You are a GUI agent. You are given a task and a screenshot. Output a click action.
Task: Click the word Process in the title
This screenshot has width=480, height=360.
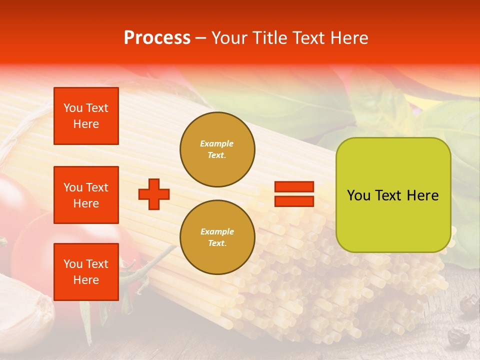[157, 38]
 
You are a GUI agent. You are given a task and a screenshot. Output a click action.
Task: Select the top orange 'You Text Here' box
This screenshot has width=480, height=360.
[86, 116]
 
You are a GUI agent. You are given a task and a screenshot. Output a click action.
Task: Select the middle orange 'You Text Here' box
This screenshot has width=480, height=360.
[86, 195]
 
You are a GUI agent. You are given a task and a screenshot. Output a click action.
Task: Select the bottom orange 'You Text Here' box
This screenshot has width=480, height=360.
[86, 272]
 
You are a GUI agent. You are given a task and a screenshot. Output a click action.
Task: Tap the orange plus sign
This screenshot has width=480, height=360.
[154, 194]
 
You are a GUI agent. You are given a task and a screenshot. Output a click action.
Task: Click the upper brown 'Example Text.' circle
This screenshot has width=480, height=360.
[217, 149]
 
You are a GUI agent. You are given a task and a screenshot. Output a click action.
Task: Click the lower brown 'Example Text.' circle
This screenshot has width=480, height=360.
[217, 237]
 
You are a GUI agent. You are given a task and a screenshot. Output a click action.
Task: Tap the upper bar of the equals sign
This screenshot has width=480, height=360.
[294, 187]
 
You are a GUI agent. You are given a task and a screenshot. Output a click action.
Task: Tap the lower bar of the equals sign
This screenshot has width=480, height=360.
[294, 201]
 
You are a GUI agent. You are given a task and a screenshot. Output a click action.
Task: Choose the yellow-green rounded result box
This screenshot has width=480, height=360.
[393, 194]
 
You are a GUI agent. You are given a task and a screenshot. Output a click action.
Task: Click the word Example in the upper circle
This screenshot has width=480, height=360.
[217, 143]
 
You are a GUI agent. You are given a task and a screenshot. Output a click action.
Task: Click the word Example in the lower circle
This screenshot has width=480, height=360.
[217, 231]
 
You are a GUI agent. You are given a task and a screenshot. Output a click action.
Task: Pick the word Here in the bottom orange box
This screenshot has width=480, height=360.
[86, 280]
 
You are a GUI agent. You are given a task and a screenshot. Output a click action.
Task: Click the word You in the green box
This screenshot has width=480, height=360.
[358, 195]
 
